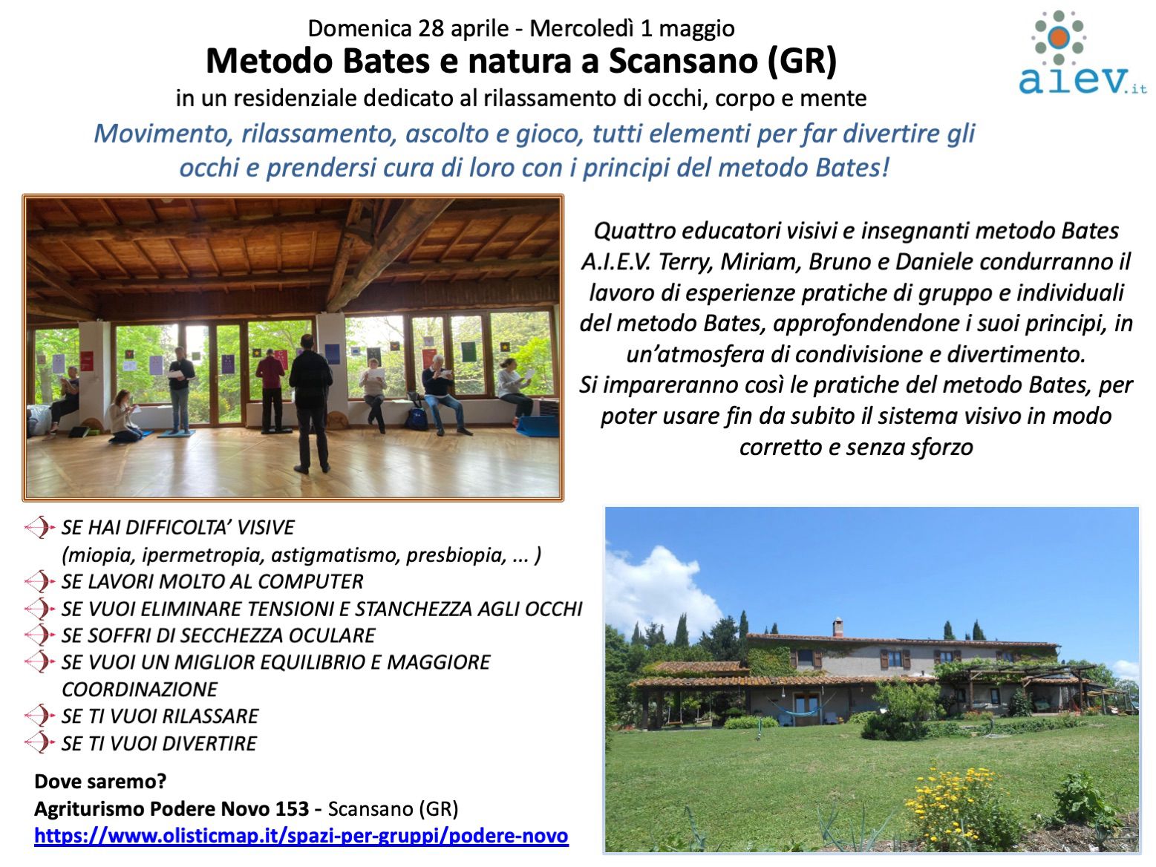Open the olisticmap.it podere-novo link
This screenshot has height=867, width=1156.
coord(301,836)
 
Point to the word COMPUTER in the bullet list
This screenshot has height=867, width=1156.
coord(310,582)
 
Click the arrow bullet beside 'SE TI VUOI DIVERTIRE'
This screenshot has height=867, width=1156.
coord(40,743)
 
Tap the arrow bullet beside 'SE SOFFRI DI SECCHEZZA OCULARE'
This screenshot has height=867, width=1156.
coord(40,635)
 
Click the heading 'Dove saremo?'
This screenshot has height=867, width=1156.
coord(100,782)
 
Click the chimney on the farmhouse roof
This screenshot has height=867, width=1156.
coord(837,628)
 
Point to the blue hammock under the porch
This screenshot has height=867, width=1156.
coord(799,710)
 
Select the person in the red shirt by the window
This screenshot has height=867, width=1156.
coord(271,390)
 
